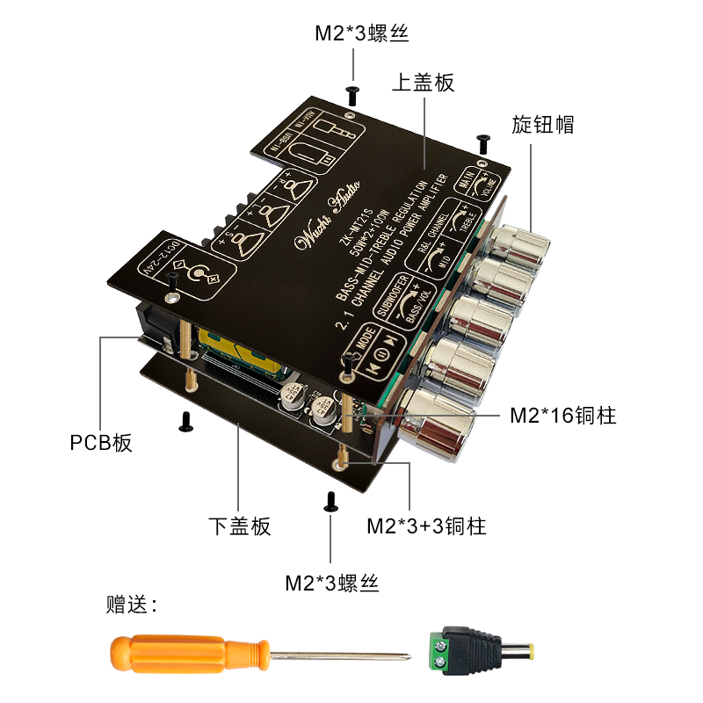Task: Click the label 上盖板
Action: (x=423, y=83)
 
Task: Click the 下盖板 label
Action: (x=240, y=526)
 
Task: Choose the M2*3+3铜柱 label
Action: (x=426, y=526)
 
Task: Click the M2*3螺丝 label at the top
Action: (x=362, y=34)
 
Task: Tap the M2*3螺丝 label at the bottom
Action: (x=331, y=582)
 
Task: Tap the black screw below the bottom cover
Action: (x=331, y=502)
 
